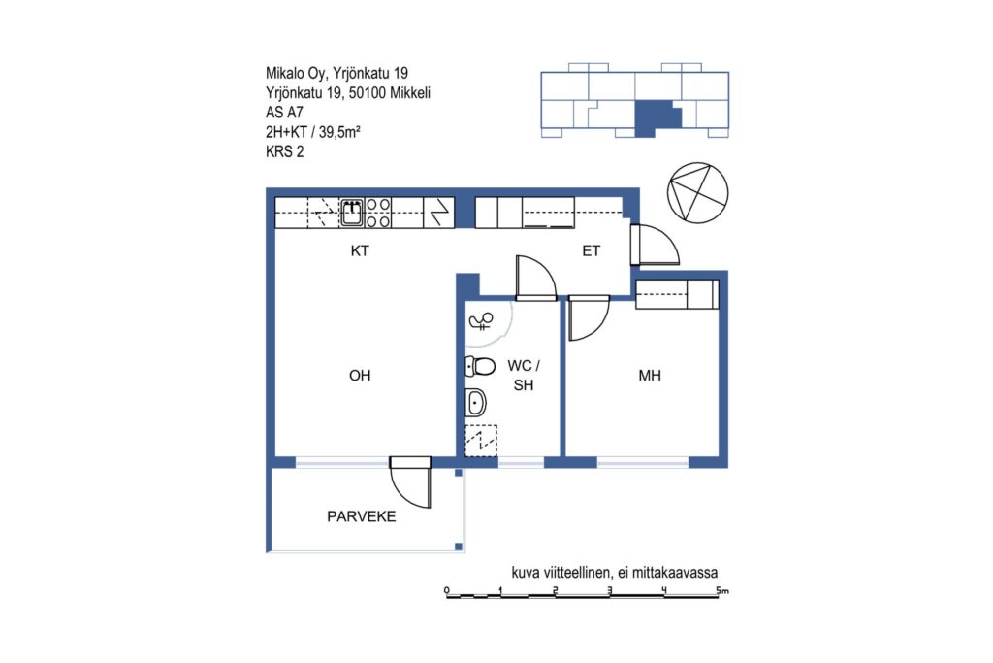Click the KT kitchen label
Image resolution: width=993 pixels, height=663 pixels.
tap(360, 251)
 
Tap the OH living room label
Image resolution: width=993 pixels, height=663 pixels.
tap(360, 376)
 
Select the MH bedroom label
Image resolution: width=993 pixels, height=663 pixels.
tap(650, 376)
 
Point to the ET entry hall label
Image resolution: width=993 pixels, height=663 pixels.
tap(591, 251)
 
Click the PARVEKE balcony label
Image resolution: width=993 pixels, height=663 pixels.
tap(362, 516)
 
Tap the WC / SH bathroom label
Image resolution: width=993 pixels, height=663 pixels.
tap(524, 376)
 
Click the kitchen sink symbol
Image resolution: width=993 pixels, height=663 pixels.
tap(353, 212)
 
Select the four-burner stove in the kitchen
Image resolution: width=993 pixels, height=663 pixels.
tap(378, 213)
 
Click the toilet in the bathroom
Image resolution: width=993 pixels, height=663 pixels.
tap(480, 366)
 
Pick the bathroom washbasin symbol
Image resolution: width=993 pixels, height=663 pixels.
tap(475, 403)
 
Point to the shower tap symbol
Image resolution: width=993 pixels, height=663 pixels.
tap(481, 321)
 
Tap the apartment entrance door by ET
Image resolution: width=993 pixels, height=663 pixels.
tap(655, 244)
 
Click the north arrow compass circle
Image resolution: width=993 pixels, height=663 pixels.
tap(698, 193)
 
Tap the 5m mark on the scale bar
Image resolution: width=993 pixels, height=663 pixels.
tap(721, 590)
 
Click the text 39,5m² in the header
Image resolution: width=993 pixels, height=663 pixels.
tap(339, 132)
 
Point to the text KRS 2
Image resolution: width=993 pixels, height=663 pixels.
tap(285, 151)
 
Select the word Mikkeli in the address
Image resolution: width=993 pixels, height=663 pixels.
tap(410, 92)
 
